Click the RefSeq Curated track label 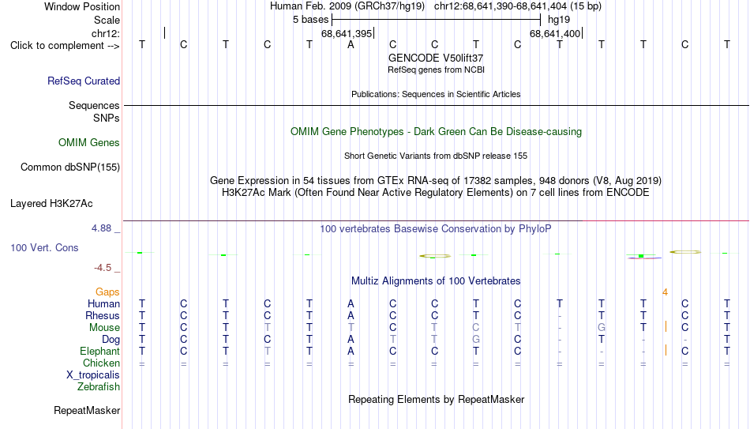pos(84,81)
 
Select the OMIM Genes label pos(89,143)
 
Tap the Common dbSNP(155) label pos(70,167)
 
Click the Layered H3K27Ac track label pos(51,204)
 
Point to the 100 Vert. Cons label pos(44,247)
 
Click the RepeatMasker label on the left pos(87,410)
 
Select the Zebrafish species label pos(99,386)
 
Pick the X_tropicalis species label pos(93,375)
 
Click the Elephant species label pos(100,351)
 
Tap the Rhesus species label pos(103,315)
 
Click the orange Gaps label pos(107,292)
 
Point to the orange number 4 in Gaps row pos(665,292)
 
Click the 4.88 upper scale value pos(101,228)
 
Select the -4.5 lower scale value pos(103,268)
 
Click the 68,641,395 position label pos(347,34)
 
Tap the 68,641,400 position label pos(555,34)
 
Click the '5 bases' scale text pos(311,20)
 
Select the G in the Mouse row pos(602,328)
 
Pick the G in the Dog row pos(476,340)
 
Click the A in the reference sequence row pos(351,45)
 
